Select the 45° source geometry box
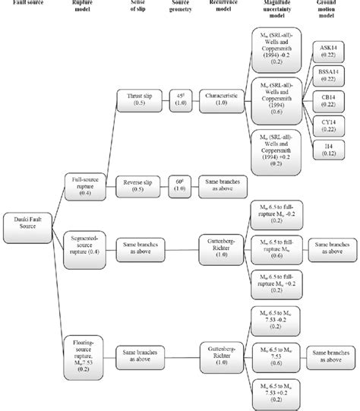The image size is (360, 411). click(x=180, y=101)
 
